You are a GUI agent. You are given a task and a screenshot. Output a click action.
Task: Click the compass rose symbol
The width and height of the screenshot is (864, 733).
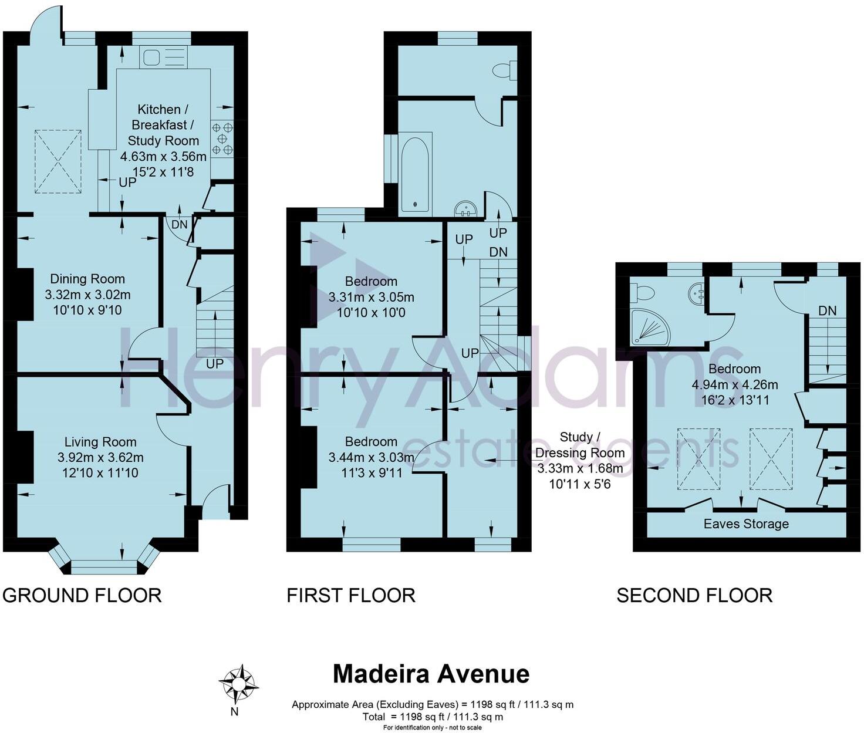click(x=238, y=684)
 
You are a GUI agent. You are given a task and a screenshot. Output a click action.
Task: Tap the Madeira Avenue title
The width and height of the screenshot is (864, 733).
click(x=431, y=674)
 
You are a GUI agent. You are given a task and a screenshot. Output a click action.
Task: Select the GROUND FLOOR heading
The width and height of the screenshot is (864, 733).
click(x=82, y=595)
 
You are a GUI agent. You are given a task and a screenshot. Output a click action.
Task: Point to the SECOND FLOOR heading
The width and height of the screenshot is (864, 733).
click(x=694, y=595)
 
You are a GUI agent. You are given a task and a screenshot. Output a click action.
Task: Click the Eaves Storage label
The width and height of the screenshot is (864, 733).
click(x=746, y=523)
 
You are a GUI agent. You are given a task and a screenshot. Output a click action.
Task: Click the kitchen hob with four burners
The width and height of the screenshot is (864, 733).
click(x=222, y=139)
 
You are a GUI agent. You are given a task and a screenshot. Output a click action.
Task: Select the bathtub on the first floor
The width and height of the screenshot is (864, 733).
click(x=416, y=172)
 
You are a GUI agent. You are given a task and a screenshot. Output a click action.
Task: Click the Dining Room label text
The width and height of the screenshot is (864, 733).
click(x=87, y=279)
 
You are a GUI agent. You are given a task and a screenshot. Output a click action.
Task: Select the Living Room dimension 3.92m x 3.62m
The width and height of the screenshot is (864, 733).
click(x=100, y=457)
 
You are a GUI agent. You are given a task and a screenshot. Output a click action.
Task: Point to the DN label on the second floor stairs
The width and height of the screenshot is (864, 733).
click(x=827, y=310)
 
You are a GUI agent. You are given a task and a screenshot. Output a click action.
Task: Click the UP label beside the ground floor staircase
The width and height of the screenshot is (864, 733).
click(x=215, y=364)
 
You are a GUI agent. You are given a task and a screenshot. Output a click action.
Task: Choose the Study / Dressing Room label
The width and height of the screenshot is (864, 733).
click(x=579, y=445)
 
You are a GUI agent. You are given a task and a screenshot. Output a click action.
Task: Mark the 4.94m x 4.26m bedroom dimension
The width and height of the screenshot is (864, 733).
click(x=735, y=384)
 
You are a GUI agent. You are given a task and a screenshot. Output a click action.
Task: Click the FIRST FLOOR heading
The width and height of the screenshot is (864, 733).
click(x=351, y=595)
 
